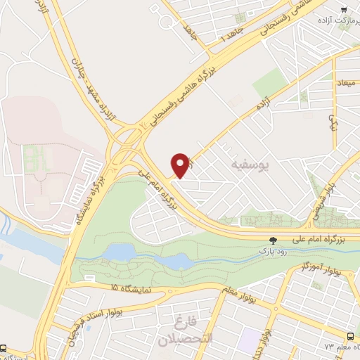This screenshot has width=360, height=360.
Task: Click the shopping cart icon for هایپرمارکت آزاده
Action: click(343, 9)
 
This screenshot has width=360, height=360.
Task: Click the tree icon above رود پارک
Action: click(274, 240)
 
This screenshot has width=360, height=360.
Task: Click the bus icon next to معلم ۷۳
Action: click(350, 337)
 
